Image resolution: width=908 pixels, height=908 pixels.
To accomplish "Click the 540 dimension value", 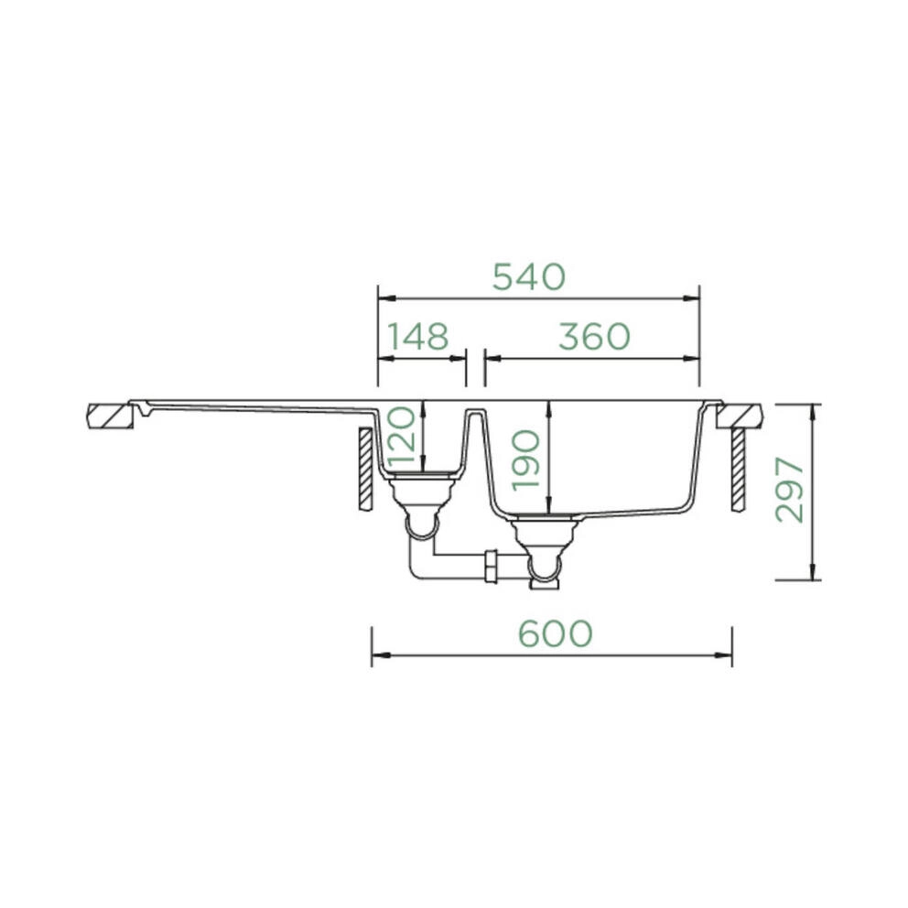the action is (x=529, y=276).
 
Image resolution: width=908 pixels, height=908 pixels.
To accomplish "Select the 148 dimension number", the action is (x=417, y=337).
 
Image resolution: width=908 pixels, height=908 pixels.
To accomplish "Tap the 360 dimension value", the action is (x=594, y=337).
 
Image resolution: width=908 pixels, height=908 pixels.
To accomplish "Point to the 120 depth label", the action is (x=403, y=438).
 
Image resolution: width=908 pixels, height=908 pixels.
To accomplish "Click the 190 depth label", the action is (x=526, y=460).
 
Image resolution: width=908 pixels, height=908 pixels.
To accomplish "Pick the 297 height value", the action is (x=791, y=490).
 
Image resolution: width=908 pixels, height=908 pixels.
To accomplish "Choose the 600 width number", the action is (x=556, y=632).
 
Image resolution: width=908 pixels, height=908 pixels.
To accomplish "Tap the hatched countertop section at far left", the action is (x=110, y=416).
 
